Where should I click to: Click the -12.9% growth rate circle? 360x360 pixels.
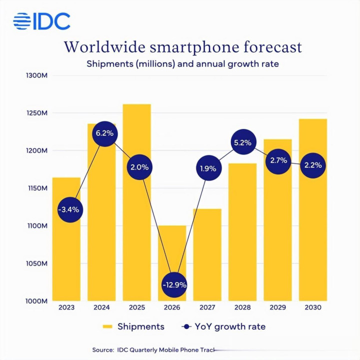(x=174, y=284)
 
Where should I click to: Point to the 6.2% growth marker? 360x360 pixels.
(x=104, y=133)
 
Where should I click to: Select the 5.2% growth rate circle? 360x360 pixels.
(x=242, y=142)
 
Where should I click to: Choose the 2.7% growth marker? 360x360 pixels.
(x=277, y=160)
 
